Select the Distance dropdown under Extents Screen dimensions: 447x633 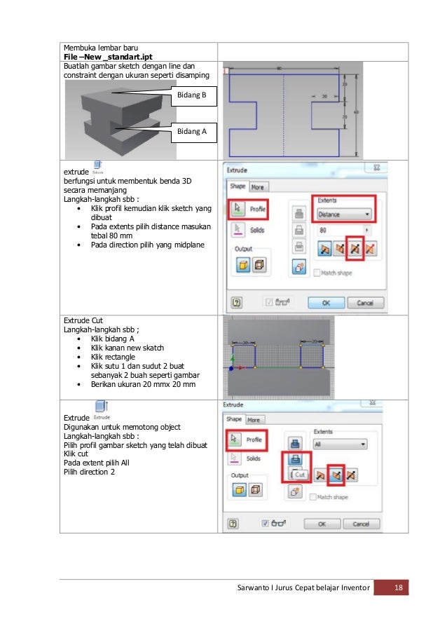click(344, 214)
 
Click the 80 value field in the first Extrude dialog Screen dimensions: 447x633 click(341, 229)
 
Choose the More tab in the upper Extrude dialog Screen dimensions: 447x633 click(258, 187)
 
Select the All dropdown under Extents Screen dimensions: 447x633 click(339, 444)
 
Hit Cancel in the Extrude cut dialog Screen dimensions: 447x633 click(361, 523)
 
